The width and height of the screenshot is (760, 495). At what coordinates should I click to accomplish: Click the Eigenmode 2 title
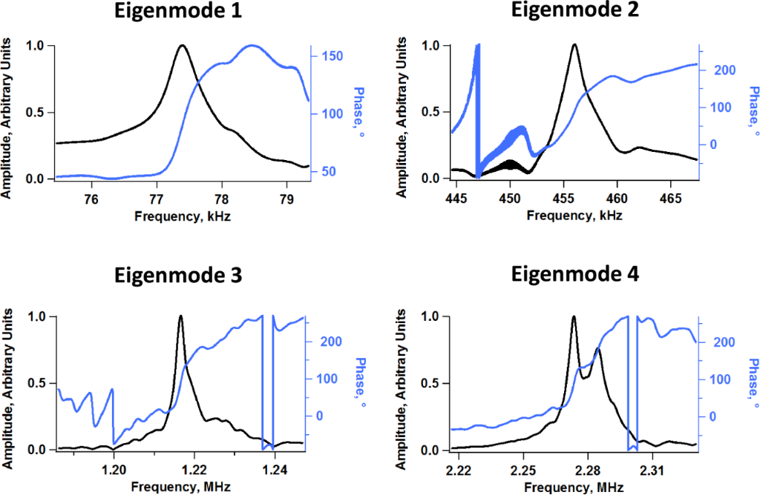tap(574, 10)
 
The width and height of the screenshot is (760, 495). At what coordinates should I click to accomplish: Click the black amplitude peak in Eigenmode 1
tap(182, 46)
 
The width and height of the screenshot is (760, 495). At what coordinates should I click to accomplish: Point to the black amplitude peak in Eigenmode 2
tap(574, 44)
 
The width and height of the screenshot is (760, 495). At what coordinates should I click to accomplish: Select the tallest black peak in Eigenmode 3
tap(180, 316)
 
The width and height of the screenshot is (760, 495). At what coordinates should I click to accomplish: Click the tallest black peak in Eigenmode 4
tap(574, 316)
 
